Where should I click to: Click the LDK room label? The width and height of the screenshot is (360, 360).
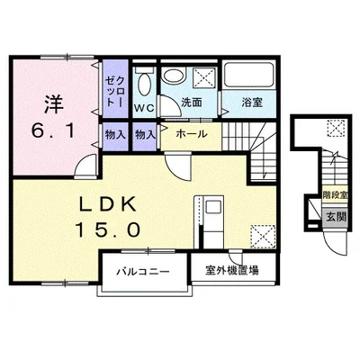point(108,204)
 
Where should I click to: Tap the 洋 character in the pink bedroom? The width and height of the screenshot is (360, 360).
point(54,104)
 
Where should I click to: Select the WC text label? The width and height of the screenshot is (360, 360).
point(144,107)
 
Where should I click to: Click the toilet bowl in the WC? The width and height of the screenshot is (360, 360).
point(144,84)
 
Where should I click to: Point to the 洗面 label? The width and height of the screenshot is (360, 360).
point(192,103)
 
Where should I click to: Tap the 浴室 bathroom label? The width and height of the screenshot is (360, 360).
point(252,103)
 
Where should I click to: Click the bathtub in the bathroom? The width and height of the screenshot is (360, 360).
point(249,75)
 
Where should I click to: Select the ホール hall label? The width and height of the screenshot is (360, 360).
point(192,134)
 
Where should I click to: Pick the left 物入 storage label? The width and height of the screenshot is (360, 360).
point(115,135)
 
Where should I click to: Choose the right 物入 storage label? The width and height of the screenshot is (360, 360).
point(145,135)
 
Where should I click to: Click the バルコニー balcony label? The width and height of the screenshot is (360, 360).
point(143,272)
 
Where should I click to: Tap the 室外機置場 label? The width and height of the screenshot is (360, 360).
point(232,271)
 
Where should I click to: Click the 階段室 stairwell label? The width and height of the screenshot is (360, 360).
point(336,195)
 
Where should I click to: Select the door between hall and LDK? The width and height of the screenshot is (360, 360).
point(178,166)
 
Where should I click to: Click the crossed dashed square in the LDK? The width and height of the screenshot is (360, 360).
point(263,237)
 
